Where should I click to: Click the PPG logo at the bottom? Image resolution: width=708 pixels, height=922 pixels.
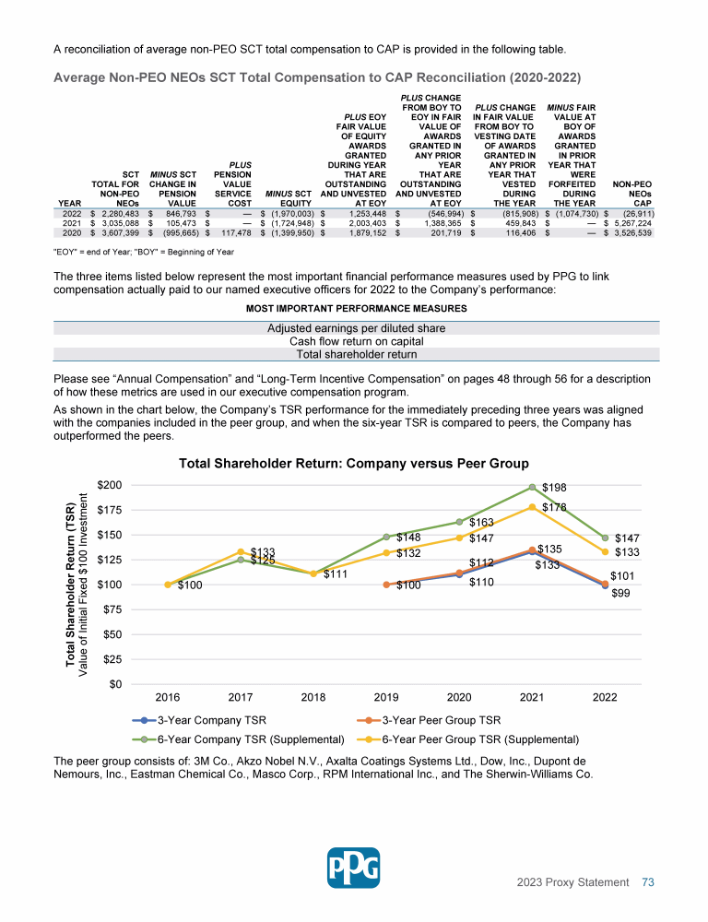point(354,867)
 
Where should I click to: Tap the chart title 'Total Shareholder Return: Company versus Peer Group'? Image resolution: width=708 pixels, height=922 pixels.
point(354,463)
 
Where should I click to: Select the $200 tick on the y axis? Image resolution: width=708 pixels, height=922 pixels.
point(111,485)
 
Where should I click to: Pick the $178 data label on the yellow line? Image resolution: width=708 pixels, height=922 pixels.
point(554,507)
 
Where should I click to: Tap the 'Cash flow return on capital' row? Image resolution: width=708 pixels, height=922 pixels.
point(355,341)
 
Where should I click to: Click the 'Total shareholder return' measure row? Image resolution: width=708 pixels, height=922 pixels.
point(355,354)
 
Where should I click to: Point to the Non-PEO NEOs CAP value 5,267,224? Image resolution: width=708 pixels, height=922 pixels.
point(631,222)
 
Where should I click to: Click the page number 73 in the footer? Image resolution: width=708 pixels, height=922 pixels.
point(648,882)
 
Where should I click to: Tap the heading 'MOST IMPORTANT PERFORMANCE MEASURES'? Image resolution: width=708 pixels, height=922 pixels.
point(355,308)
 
